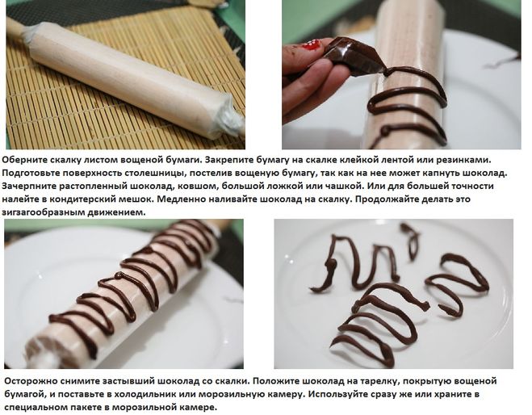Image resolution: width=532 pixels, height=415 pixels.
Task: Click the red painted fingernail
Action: point(312,45)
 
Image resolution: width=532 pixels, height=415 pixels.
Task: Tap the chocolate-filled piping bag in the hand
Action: point(354,57)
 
